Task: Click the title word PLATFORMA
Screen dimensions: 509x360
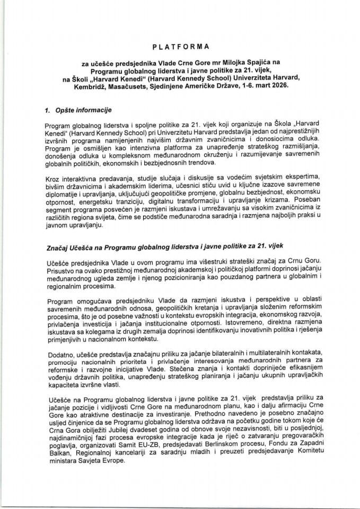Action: tap(180, 47)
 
